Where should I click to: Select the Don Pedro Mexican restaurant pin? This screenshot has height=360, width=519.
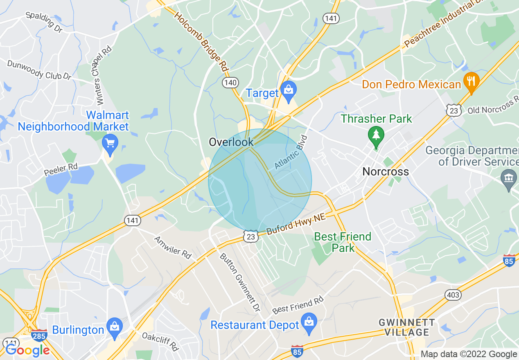(x=471, y=81)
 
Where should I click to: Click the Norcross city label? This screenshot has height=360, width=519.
(x=386, y=171)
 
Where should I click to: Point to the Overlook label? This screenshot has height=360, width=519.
(x=231, y=142)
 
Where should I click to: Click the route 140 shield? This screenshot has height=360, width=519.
(x=230, y=83)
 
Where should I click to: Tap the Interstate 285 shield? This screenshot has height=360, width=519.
(x=40, y=335)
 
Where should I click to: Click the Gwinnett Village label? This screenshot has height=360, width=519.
(x=406, y=327)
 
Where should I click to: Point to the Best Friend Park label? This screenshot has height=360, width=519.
(x=342, y=242)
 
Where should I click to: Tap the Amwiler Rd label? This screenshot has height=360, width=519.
(x=173, y=247)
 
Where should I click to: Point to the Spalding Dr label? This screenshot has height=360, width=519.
(x=43, y=22)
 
